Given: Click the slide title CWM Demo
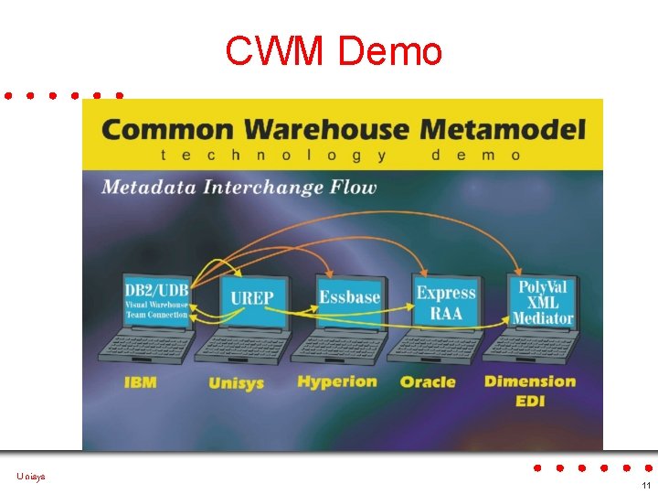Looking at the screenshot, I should pos(334,52).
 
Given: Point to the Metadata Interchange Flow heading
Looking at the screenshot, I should pos(239,188).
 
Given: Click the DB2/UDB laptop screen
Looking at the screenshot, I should pos(156,301).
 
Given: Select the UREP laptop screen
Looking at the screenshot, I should pos(251,299).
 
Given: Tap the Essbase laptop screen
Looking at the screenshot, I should pos(349,297).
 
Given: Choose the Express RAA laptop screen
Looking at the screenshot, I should pos(446,303).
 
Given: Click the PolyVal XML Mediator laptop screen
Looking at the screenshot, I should pos(543,302).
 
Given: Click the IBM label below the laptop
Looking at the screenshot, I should pos(140,381).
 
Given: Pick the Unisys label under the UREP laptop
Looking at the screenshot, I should pos(237,382).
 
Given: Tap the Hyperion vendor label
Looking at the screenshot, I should pos(337,381).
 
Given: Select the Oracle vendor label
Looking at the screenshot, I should pos(428,381).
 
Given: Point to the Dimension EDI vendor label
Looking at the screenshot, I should pos(530,390).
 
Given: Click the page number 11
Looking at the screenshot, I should pos(645,485).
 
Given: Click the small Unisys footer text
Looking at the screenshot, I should pos(30,477).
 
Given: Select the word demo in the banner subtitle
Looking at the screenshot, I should pos(475,156).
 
